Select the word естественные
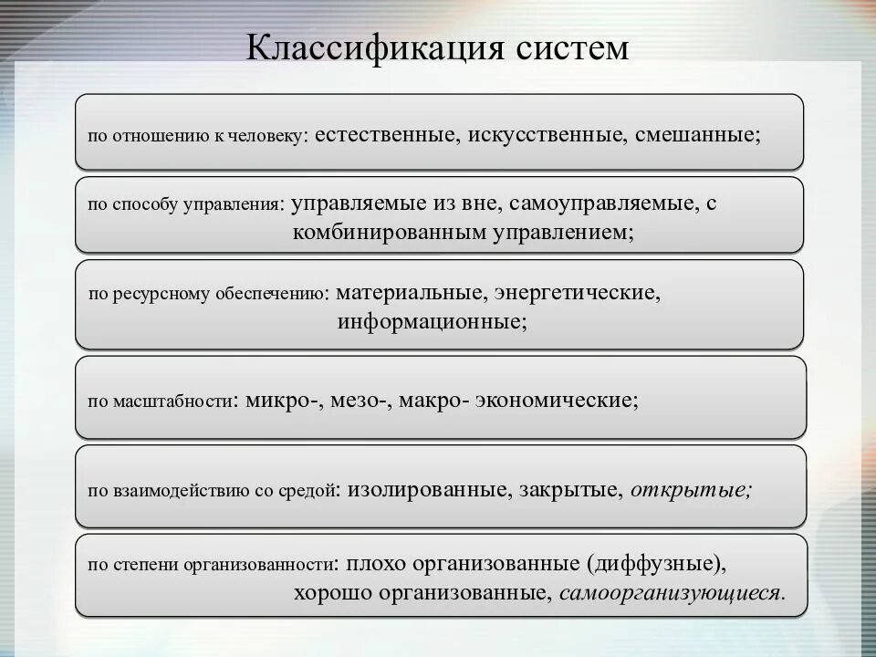point(388,135)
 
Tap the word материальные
point(409,294)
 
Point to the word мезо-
point(360,400)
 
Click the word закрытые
point(571,489)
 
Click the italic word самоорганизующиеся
point(672,593)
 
